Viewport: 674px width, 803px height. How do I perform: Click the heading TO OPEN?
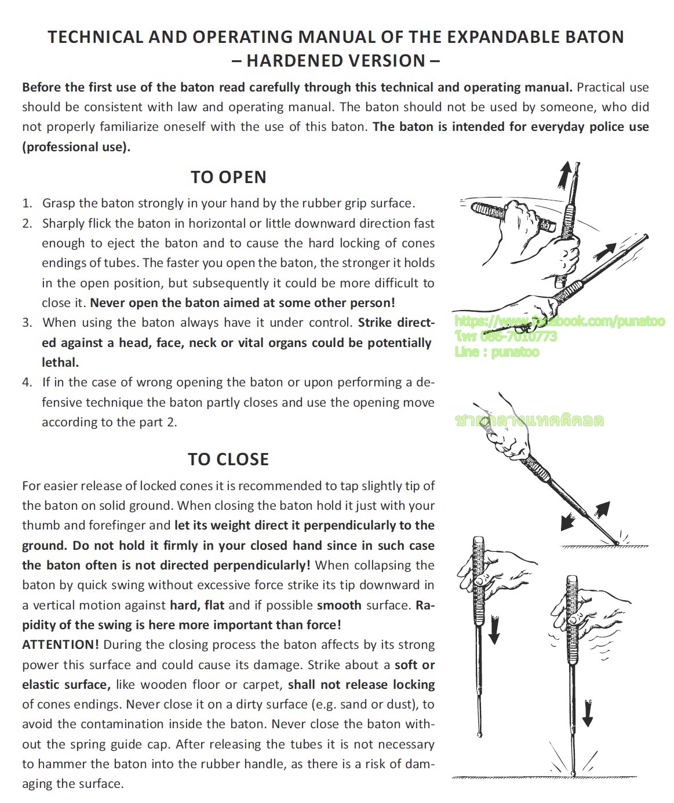(228, 177)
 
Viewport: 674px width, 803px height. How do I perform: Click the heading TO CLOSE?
(228, 459)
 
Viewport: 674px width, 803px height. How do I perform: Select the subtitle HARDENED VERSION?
(336, 61)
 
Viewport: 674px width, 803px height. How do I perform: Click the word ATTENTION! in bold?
(60, 645)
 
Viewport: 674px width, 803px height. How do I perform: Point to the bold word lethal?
(60, 363)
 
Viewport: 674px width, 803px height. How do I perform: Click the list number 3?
(27, 323)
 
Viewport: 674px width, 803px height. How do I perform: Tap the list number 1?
(27, 203)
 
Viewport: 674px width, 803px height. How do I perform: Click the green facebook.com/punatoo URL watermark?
(560, 321)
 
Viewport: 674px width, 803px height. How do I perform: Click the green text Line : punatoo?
(497, 352)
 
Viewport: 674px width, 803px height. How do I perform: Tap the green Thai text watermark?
(530, 420)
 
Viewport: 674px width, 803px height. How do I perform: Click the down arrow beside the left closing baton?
(494, 630)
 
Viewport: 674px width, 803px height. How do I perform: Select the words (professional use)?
(76, 147)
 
